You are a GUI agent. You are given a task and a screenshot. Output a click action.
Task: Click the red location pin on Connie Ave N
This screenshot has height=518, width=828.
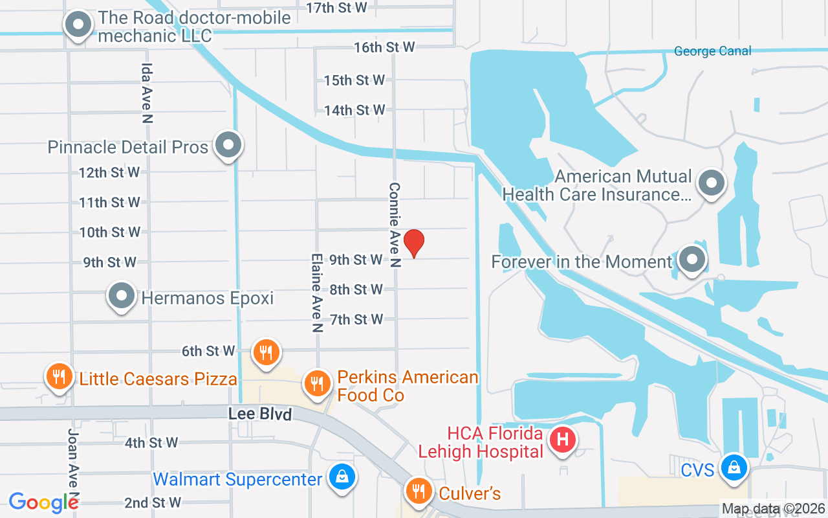pyautogui.click(x=414, y=243)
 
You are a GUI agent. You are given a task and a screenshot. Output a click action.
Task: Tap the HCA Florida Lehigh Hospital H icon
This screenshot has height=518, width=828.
pyautogui.click(x=563, y=440)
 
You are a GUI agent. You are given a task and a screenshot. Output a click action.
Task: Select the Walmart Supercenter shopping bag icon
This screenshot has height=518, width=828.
pyautogui.click(x=341, y=478)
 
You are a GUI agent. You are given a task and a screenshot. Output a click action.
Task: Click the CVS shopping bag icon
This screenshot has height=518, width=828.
pyautogui.click(x=734, y=466)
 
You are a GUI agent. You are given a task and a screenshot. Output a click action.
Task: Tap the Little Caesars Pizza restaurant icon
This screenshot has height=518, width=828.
pyautogui.click(x=59, y=376)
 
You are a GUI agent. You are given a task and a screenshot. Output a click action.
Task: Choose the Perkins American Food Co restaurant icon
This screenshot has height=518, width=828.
pyautogui.click(x=316, y=384)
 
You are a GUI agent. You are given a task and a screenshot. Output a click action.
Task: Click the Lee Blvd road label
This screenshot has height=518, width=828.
pyautogui.click(x=260, y=414)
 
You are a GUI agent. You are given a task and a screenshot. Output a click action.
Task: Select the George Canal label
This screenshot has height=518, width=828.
pyautogui.click(x=712, y=51)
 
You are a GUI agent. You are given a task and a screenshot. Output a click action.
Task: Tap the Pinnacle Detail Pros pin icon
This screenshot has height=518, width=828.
pyautogui.click(x=228, y=144)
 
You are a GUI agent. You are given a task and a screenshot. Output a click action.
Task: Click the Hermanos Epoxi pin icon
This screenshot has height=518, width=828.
pyautogui.click(x=121, y=296)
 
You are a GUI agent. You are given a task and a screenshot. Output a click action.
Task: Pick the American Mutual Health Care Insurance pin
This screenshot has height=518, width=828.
pyautogui.click(x=712, y=183)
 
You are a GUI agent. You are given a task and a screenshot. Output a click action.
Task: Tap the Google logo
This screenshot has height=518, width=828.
pyautogui.click(x=43, y=502)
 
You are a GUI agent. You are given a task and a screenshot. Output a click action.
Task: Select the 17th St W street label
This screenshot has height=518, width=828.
pyautogui.click(x=336, y=8)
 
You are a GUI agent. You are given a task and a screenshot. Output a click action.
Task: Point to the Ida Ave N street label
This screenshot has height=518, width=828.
pyautogui.click(x=147, y=93)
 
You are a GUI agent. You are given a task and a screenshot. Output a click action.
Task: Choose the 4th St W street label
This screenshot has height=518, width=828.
pyautogui.click(x=151, y=443)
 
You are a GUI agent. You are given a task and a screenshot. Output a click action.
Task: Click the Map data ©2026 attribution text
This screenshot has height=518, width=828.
pyautogui.click(x=772, y=508)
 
